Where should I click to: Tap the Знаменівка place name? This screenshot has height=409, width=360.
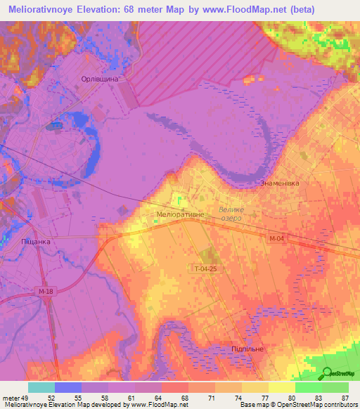coord(281,184)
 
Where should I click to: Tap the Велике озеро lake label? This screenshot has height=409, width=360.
coord(230,214)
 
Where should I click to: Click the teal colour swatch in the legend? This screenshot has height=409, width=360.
coord(41,387)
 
